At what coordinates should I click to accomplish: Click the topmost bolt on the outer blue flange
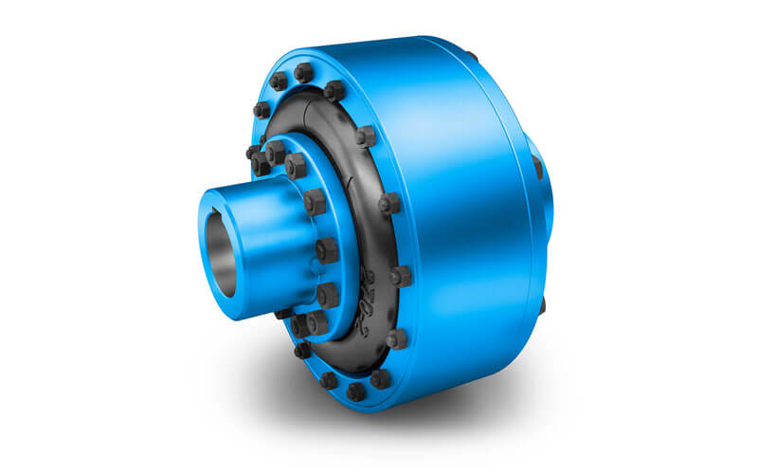[303, 72]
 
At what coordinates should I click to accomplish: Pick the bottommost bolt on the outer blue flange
[356, 391]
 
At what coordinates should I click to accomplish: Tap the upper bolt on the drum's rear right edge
[538, 168]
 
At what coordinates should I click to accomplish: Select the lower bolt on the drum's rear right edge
[542, 305]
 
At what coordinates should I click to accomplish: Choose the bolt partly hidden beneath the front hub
[284, 312]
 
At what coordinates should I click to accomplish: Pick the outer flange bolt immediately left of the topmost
[278, 82]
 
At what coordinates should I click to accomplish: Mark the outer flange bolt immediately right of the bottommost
[380, 378]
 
